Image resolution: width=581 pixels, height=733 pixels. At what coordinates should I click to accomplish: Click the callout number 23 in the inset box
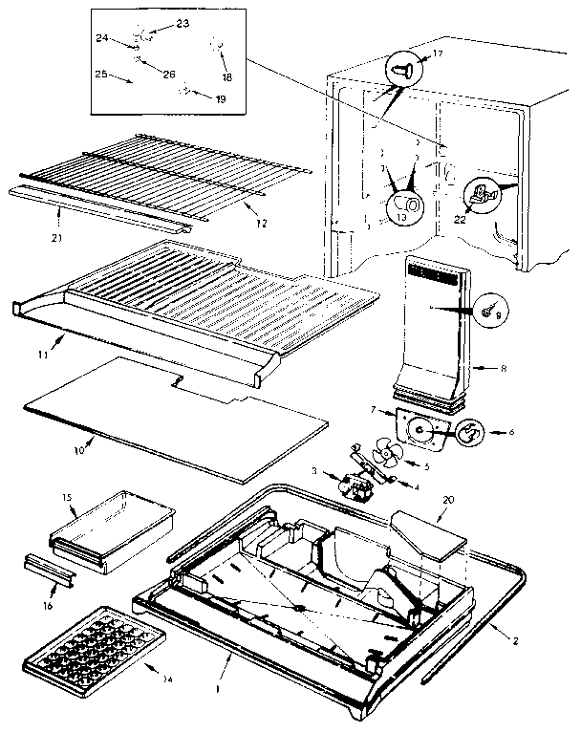click(157, 22)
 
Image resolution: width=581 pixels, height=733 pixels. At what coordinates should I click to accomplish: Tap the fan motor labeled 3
click(362, 482)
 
